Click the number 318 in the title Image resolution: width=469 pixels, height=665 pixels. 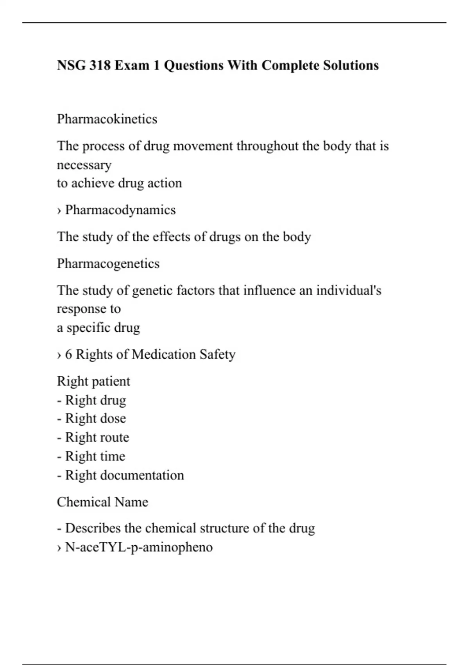(100, 65)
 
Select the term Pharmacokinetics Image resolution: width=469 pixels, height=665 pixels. (107, 119)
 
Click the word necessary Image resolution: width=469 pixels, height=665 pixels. (84, 165)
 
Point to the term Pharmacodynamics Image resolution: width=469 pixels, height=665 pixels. (120, 210)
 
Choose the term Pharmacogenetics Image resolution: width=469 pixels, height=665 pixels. (108, 264)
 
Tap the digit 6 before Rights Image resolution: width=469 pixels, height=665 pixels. (69, 354)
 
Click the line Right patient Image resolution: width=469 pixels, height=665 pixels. (93, 381)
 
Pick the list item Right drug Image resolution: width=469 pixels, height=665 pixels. (95, 400)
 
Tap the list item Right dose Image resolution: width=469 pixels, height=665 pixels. (95, 419)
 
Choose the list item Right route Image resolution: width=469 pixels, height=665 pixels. (97, 437)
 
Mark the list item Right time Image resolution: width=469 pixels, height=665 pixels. (95, 456)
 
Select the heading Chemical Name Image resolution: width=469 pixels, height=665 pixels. (102, 502)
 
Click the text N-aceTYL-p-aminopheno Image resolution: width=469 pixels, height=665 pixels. (139, 547)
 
